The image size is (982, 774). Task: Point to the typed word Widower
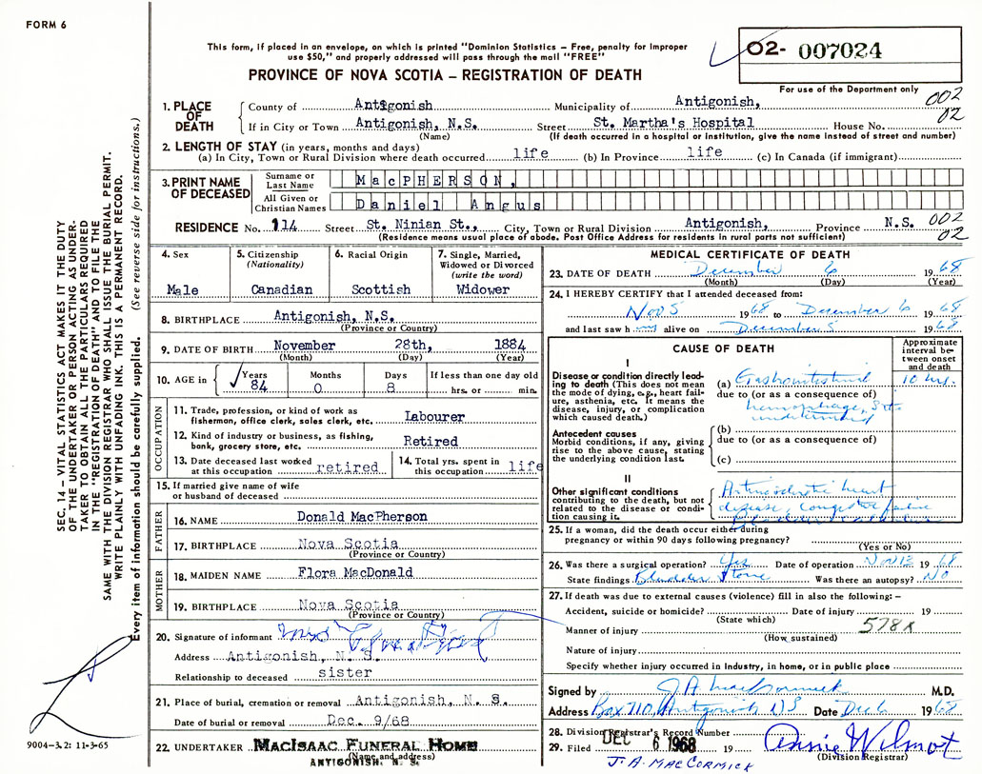click(x=484, y=288)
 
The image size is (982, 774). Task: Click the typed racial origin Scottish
click(x=378, y=288)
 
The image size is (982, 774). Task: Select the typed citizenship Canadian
click(x=281, y=288)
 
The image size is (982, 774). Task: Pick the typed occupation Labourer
click(x=434, y=416)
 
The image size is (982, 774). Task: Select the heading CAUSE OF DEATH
click(x=731, y=349)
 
